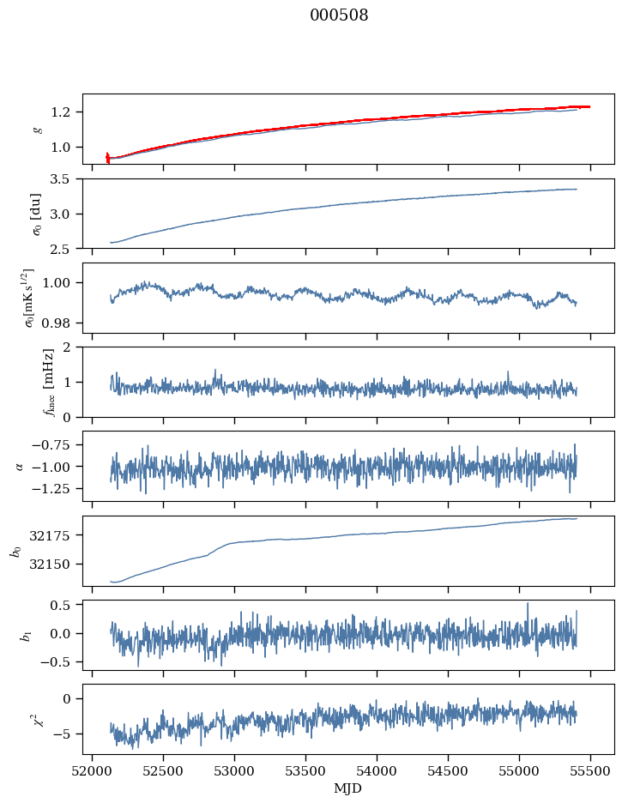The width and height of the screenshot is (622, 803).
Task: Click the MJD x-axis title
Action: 348,788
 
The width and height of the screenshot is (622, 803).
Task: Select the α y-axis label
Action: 19,466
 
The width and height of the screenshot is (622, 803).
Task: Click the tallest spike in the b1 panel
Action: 528,604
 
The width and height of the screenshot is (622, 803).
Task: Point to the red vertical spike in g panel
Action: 107,157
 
